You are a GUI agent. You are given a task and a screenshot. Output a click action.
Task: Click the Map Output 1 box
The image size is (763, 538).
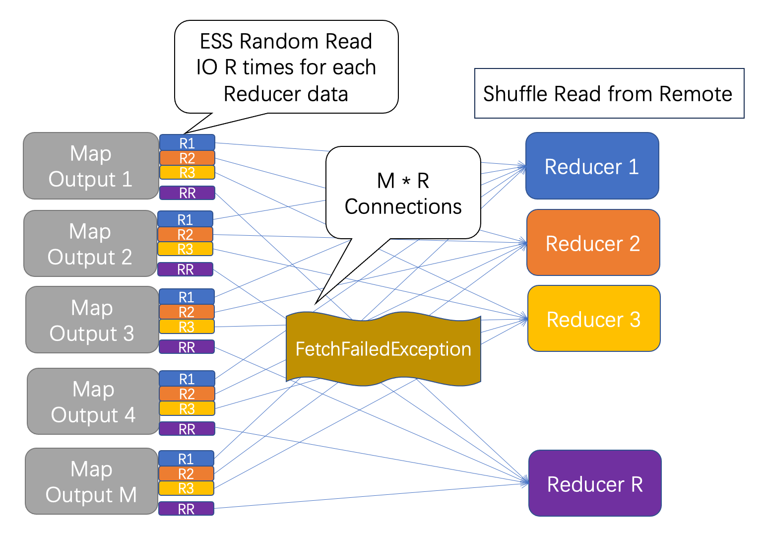(x=91, y=166)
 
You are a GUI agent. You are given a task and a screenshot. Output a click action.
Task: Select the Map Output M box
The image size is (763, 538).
(x=91, y=481)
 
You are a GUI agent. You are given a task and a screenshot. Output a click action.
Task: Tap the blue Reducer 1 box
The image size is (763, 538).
(x=592, y=166)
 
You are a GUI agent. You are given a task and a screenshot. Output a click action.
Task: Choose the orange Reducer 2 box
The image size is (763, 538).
(x=593, y=243)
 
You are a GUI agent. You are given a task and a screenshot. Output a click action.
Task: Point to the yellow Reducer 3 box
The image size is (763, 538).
(x=594, y=319)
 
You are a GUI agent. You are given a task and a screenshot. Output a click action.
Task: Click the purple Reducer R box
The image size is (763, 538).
(x=595, y=483)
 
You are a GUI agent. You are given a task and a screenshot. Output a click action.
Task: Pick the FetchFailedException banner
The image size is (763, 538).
(x=383, y=349)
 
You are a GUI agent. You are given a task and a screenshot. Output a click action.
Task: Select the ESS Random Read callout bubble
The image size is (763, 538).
(x=286, y=67)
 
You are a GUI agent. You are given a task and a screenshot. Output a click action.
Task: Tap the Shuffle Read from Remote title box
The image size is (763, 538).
(x=609, y=93)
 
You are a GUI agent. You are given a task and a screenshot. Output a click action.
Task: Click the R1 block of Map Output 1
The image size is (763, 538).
(x=187, y=143)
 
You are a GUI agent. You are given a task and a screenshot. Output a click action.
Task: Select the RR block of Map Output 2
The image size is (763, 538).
(x=185, y=269)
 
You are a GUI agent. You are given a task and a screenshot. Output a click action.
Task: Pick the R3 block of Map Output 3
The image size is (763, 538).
(x=187, y=327)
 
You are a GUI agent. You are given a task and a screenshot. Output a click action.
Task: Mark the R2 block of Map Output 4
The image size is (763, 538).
(x=187, y=394)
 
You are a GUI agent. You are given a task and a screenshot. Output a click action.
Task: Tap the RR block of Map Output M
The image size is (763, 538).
(x=186, y=509)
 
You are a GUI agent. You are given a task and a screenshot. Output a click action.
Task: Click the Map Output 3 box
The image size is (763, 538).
(x=92, y=320)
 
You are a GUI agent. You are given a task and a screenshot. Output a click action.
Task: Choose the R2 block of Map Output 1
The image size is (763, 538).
(x=187, y=158)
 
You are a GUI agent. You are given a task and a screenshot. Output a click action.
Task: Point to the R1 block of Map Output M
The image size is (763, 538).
(x=186, y=458)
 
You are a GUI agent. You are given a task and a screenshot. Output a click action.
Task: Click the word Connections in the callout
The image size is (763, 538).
(x=403, y=206)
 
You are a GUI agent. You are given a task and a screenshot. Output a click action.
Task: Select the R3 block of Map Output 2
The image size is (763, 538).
(x=185, y=249)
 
